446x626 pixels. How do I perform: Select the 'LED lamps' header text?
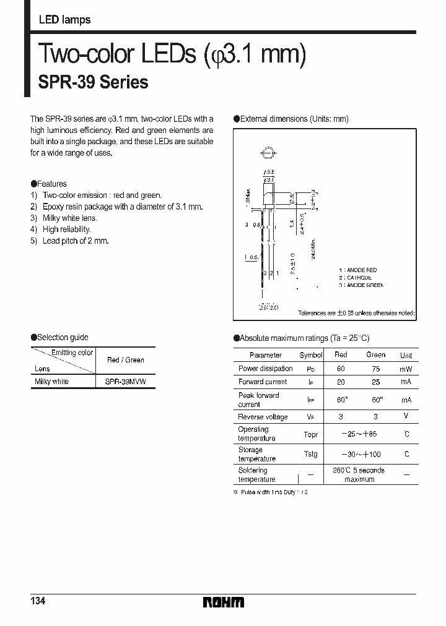tap(64, 20)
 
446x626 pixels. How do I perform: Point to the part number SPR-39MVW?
tap(126, 382)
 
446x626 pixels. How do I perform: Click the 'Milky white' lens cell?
tap(52, 382)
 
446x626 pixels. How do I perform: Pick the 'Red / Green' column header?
tap(125, 360)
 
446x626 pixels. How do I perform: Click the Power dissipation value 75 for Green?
tap(375, 369)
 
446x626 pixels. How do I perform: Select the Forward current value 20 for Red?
tap(341, 382)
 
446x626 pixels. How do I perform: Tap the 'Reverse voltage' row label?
tap(263, 417)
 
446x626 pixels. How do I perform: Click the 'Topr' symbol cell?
tap(310, 434)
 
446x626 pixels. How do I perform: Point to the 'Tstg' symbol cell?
tap(310, 455)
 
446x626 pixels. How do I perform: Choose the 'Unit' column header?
tap(406, 356)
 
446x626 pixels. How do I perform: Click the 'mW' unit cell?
tap(406, 369)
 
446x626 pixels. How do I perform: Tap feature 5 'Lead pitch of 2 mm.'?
tap(75, 241)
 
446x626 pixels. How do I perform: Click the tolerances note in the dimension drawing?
tap(356, 314)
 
